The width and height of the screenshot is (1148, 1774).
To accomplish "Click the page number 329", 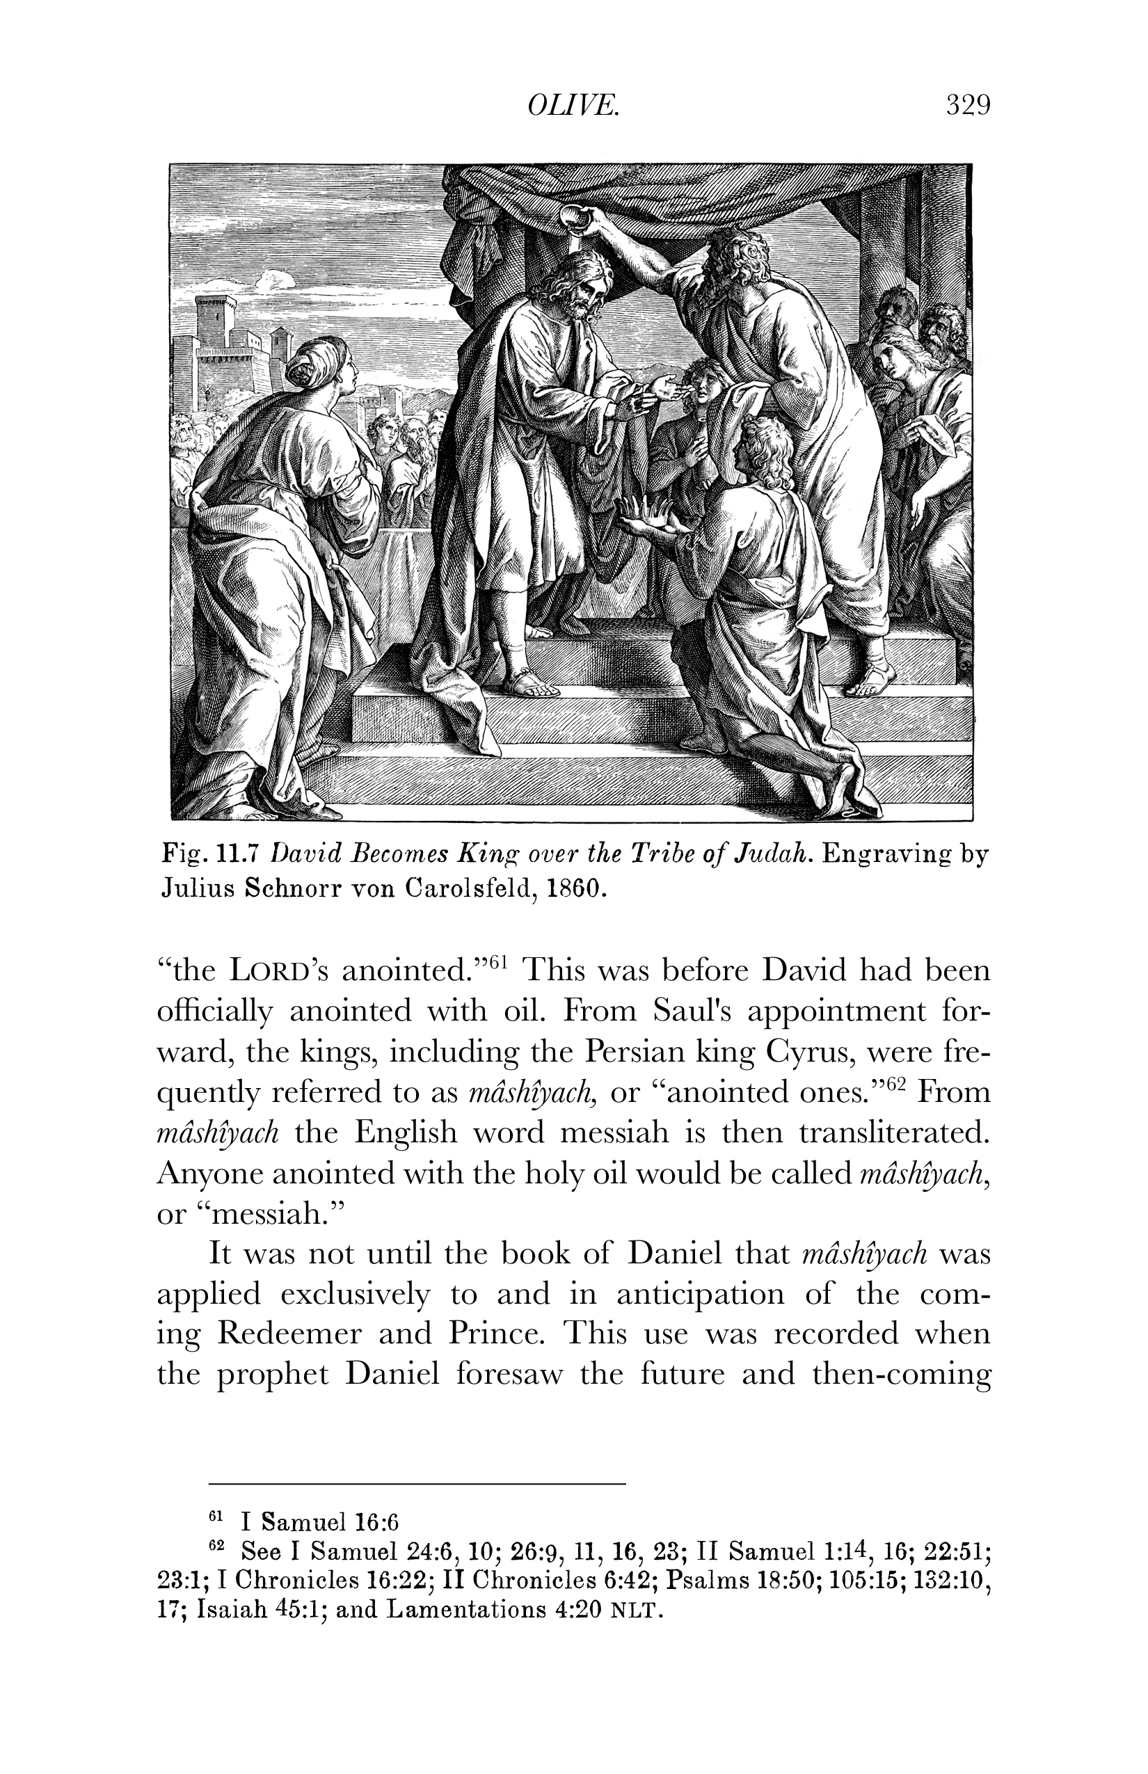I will pos(968,105).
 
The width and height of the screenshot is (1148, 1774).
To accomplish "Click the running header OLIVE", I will pos(573,106).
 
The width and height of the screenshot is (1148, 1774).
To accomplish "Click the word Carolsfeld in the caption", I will pos(470,890).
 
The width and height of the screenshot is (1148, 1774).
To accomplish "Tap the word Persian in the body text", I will pos(632,1053).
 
